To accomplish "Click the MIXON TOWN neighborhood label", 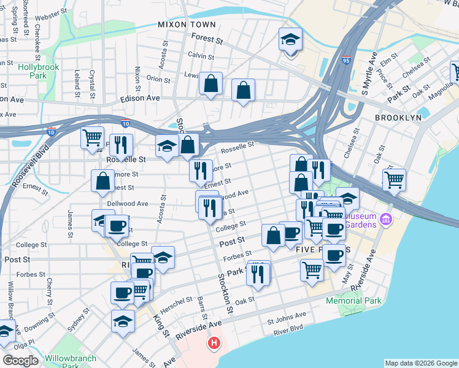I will point(187,25).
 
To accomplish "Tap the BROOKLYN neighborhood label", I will point(399,117).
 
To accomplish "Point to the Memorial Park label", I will point(353,301).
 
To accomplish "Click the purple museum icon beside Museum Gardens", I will point(385,219).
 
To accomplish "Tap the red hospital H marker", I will point(214,342).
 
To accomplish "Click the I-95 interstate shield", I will point(347,60).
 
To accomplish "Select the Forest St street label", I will point(207,39).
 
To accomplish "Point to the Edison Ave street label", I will point(140,98).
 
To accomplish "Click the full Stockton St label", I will point(225,295).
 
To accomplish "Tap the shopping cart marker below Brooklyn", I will point(394,180).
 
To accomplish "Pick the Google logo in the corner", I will point(20,360).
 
